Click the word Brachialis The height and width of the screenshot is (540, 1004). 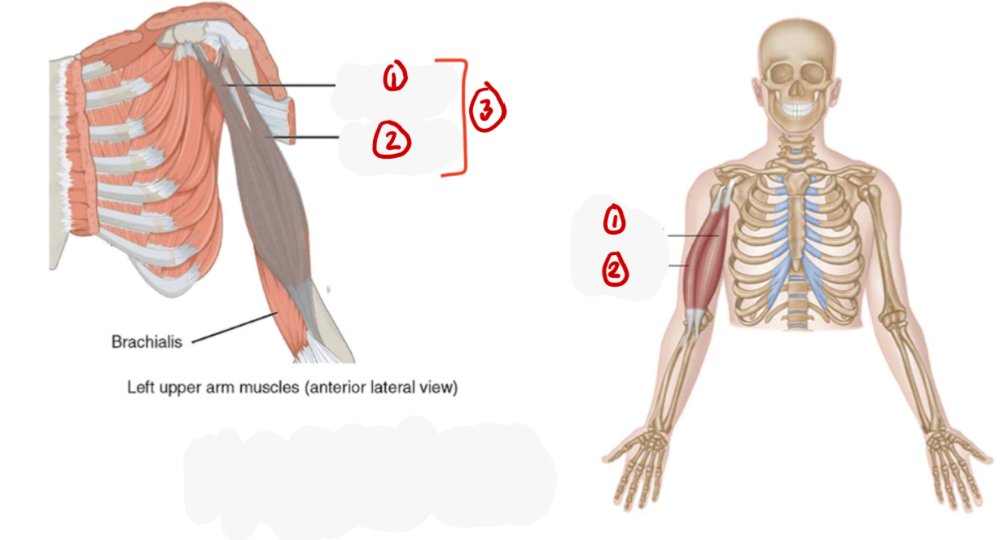147,342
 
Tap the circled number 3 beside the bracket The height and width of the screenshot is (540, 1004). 487,108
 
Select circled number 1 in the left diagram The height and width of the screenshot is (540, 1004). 395,77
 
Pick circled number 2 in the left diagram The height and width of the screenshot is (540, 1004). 392,139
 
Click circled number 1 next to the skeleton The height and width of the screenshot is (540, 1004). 614,219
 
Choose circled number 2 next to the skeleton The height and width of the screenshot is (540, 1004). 616,269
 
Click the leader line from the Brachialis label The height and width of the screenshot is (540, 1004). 235,328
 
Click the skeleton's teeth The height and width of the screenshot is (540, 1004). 797,109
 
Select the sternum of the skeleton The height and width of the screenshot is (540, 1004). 796,220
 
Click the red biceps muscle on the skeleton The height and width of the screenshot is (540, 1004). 705,251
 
